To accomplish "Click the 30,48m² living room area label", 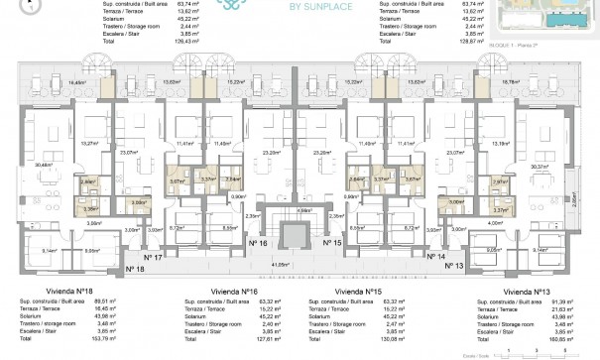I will click(42, 165).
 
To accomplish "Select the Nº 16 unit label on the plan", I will click(260, 242).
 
